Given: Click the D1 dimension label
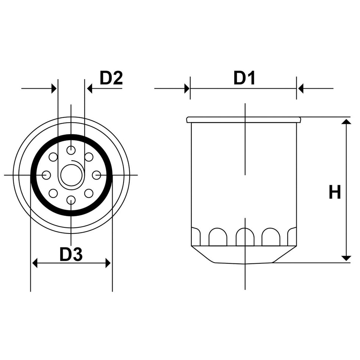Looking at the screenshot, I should pyautogui.click(x=244, y=78).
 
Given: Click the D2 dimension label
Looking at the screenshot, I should pyautogui.click(x=111, y=78).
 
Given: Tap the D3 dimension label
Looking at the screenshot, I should pyautogui.click(x=71, y=255).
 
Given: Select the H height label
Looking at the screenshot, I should pyautogui.click(x=335, y=193).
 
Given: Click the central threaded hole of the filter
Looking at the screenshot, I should pyautogui.click(x=71, y=175).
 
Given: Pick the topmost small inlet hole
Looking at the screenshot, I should pyautogui.click(x=71, y=150).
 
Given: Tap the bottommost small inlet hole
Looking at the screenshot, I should pyautogui.click(x=71, y=200).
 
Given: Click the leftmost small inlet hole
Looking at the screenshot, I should pyautogui.click(x=46, y=175).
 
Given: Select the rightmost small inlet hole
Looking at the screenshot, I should pyautogui.click(x=97, y=175).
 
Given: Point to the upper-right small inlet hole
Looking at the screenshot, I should pyautogui.click(x=89, y=157).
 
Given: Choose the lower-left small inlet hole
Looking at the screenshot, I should pyautogui.click(x=53, y=193).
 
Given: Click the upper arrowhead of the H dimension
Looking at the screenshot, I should pyautogui.click(x=346, y=122).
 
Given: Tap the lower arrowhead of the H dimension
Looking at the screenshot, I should pyautogui.click(x=346, y=258).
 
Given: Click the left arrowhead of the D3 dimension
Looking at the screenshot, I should pyautogui.click(x=35, y=263).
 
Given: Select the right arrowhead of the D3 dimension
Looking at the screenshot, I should pyautogui.click(x=108, y=263).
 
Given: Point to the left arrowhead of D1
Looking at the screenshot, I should pyautogui.click(x=186, y=89).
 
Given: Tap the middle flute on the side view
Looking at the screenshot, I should pyautogui.click(x=245, y=237).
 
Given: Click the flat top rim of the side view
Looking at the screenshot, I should pyautogui.click(x=244, y=120).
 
